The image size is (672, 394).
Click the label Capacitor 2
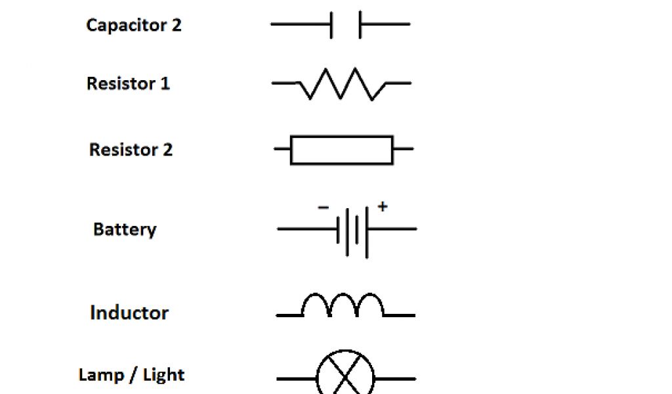point(134,26)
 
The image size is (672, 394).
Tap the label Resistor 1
point(128,84)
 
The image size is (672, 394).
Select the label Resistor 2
point(131,150)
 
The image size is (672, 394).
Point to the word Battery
point(125,230)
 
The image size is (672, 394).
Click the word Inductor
point(129,313)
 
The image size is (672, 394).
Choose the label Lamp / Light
point(131,375)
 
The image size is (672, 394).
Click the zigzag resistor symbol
point(341,83)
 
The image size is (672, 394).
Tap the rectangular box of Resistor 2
point(341,150)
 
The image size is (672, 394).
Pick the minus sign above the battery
point(324,208)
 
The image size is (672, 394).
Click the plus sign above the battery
point(383,207)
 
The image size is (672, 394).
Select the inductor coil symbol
point(342,305)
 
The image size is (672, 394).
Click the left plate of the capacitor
point(331,25)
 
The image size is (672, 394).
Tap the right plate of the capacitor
point(360,25)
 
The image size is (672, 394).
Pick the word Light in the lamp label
point(163,375)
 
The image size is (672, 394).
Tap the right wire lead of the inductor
point(400,315)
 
